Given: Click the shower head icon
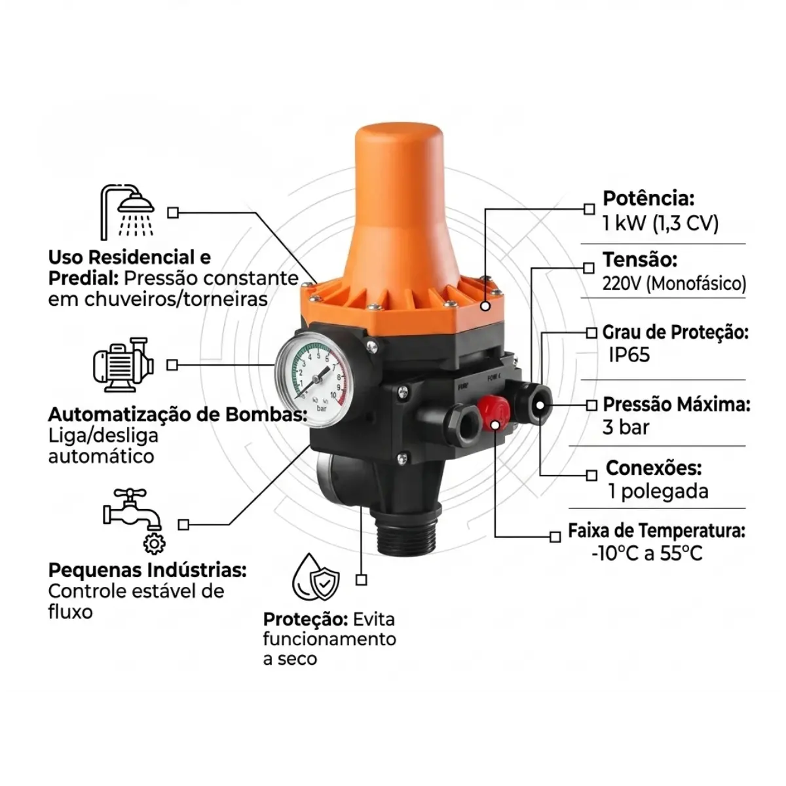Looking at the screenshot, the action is (x=127, y=212).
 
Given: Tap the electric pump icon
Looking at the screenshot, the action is (x=123, y=365).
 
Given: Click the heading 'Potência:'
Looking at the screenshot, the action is (x=648, y=198).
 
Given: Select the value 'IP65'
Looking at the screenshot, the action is (x=629, y=355).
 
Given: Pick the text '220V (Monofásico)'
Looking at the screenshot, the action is (x=674, y=284).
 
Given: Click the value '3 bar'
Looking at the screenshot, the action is (x=626, y=428).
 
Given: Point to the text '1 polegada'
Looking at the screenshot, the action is (x=658, y=491).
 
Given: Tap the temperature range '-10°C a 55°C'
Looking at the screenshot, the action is (x=647, y=553).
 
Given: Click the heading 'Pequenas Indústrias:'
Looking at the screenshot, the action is (x=147, y=571).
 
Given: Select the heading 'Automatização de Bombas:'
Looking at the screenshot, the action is (x=178, y=415).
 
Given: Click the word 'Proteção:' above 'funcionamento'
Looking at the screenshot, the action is (x=305, y=620).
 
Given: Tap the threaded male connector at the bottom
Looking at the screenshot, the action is (x=405, y=534).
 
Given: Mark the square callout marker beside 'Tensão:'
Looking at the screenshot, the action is (x=589, y=268).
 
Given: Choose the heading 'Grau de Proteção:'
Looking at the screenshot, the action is (x=675, y=333).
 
